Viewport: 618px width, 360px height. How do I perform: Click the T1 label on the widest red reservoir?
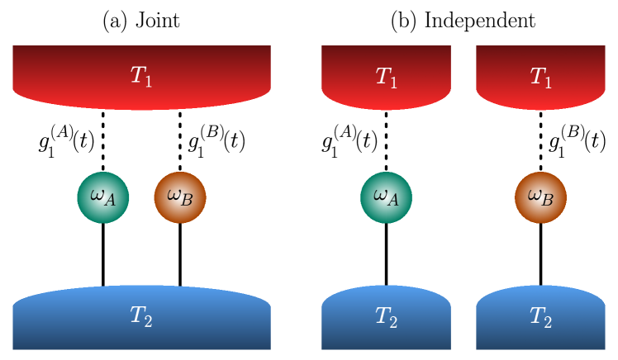141,76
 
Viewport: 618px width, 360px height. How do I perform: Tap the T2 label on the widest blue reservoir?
141,315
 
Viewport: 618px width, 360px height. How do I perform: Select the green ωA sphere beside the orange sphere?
103,197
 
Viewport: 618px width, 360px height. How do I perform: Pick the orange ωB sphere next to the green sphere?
180,197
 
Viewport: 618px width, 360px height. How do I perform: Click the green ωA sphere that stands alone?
386,197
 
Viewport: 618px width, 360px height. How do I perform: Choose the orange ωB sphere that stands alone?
540,197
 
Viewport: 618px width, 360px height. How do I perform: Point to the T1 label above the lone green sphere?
386,77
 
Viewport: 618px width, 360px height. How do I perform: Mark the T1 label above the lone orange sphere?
540,77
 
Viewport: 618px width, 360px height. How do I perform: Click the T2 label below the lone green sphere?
386,316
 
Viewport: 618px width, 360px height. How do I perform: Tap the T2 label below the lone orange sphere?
540,316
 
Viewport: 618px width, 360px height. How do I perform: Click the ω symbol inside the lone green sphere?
380,195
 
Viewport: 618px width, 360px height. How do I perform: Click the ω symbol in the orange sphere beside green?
174,195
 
